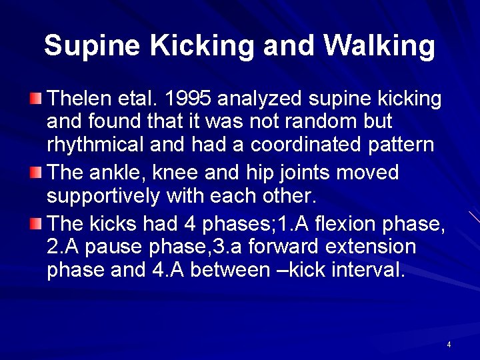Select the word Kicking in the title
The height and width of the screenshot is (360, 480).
click(203, 46)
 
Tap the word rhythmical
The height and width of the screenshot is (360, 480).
click(99, 145)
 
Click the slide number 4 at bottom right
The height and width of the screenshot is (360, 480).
click(449, 345)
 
